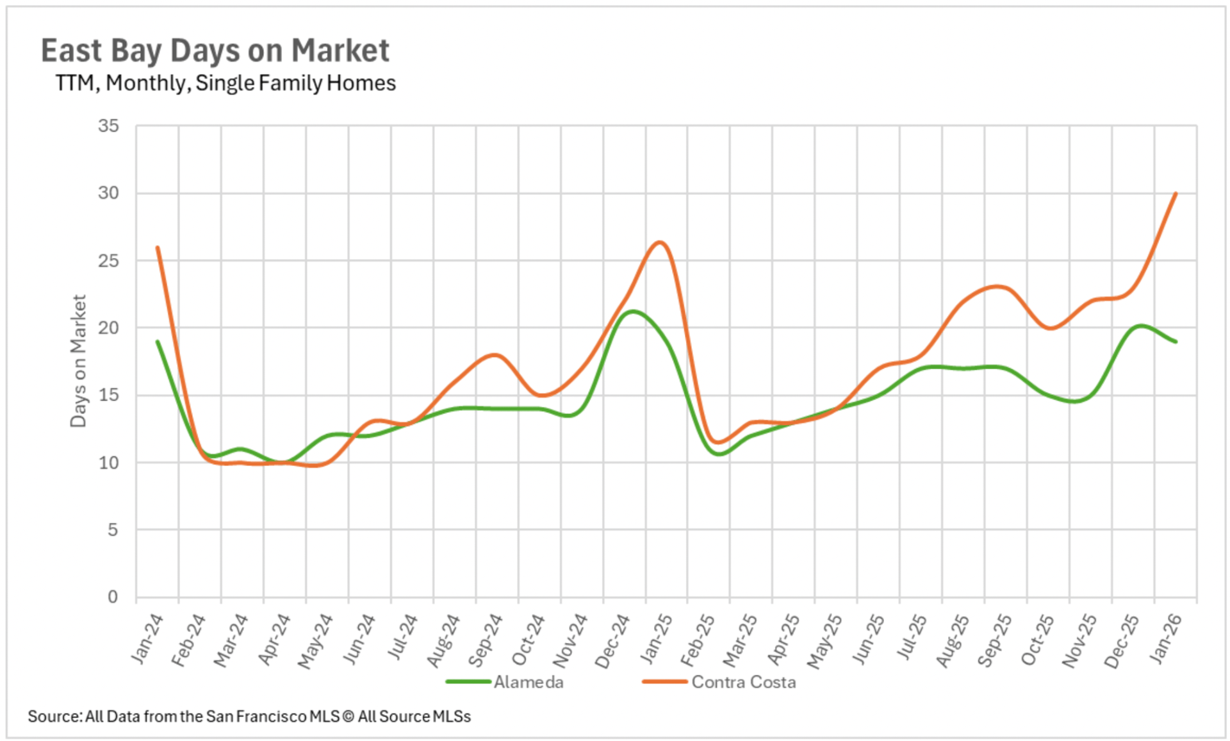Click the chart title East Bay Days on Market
point(215,51)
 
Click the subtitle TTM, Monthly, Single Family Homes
point(225,83)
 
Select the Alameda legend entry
point(528,682)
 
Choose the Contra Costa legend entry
point(743,682)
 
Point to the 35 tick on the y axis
point(109,126)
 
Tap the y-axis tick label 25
point(109,261)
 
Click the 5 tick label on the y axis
point(113,530)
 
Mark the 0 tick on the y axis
point(113,597)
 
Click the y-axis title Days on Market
point(78,361)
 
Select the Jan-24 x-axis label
point(147,638)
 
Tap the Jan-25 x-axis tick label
point(656,638)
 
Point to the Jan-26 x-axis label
point(1165,638)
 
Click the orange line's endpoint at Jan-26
point(1176,194)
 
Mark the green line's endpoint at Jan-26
point(1176,342)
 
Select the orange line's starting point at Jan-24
point(158,247)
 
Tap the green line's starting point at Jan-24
point(158,342)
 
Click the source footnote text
point(249,717)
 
